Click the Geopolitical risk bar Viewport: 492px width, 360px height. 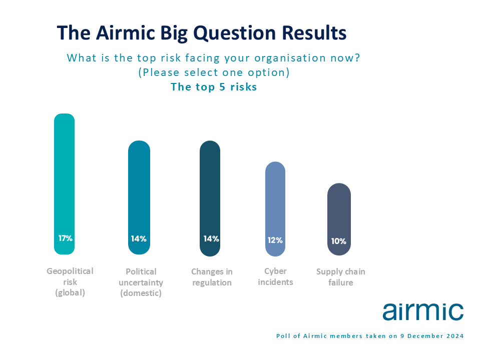pos(65,184)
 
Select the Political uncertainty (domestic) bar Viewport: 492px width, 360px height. pos(139,197)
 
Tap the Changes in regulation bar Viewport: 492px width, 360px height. pos(210,198)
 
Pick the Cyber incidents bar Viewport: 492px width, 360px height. pos(275,209)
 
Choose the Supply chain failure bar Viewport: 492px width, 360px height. pos(339,219)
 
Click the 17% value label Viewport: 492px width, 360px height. pos(65,238)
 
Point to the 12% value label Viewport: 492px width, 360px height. pos(275,240)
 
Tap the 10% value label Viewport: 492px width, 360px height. pos(339,241)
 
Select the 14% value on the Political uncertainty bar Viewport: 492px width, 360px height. pos(139,239)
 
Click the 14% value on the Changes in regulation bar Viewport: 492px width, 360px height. pos(211,239)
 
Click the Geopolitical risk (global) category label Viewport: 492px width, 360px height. pos(70,282)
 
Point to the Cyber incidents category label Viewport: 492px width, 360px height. pos(275,276)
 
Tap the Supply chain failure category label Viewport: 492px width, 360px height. pos(341,277)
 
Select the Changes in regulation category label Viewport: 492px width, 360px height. pos(212,277)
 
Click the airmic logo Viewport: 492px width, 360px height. pos(423,311)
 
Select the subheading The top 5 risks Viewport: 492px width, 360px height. pos(214,87)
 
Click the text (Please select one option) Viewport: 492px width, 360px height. pos(214,72)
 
